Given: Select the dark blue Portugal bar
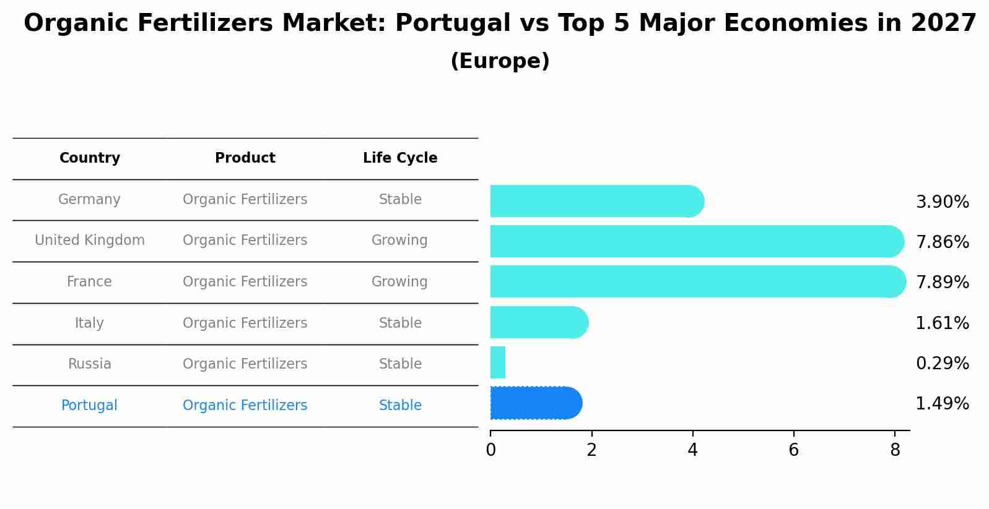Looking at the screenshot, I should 536,403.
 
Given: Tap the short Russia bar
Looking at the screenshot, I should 498,362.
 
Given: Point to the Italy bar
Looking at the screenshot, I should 538,322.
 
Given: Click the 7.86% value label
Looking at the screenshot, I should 942,242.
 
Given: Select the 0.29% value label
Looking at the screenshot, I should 942,363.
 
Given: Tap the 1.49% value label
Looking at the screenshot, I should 942,404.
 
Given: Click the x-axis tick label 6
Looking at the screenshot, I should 793,450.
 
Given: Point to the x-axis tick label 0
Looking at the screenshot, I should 490,450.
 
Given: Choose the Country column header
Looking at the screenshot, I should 90,158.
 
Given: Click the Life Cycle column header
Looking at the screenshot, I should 400,158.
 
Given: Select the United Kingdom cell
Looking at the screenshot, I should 90,241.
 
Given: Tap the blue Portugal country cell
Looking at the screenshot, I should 89,406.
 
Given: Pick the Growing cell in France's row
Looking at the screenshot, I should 399,282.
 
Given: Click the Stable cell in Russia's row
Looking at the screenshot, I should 400,364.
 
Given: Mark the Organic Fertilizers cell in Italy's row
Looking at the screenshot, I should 245,323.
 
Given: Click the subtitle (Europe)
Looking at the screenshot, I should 500,61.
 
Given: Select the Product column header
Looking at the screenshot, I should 245,158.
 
